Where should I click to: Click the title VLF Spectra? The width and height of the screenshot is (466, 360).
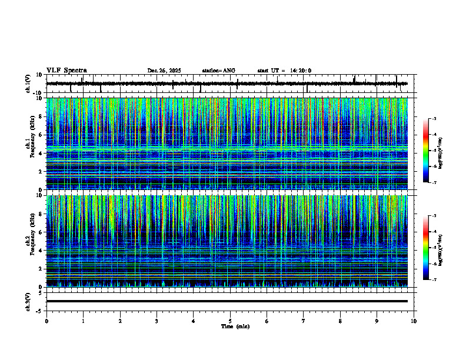66,71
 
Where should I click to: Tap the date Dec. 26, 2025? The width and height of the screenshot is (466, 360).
164,71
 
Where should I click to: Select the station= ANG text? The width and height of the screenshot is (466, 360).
218,71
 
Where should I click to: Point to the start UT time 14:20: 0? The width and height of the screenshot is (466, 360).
300,71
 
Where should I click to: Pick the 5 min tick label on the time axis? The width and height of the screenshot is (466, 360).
230,321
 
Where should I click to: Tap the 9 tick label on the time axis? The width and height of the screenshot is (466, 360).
377,321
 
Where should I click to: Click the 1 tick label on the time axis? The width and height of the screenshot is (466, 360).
83,321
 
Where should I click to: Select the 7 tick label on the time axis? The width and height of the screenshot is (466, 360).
304,321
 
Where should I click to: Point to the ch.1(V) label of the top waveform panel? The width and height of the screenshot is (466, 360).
28,84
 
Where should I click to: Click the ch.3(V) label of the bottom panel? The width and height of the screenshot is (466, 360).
28,301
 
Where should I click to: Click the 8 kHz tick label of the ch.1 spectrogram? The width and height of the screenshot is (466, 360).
42,116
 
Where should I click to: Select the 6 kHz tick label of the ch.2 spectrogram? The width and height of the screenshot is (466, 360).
42,232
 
